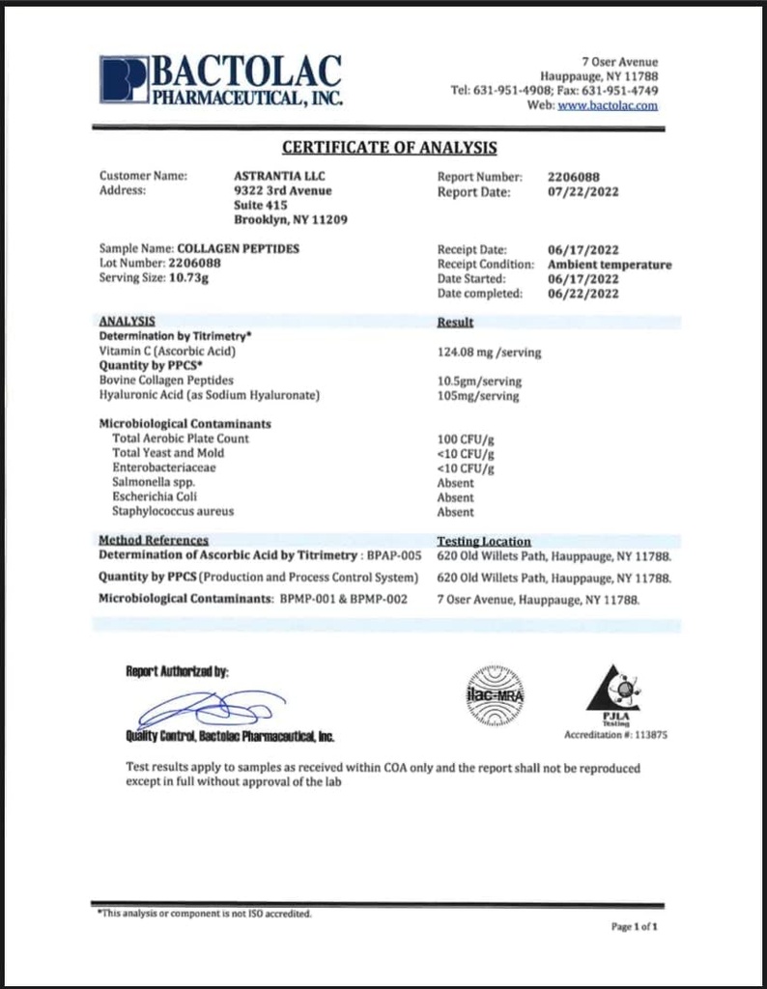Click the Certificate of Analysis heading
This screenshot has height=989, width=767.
click(389, 148)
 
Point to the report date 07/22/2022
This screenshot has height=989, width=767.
click(582, 191)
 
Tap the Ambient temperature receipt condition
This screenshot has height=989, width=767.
click(609, 264)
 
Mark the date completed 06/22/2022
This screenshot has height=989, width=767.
click(582, 294)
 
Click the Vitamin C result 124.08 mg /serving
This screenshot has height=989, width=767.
click(489, 353)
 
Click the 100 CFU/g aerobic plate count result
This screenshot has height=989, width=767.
click(466, 439)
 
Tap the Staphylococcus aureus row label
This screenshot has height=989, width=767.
click(173, 512)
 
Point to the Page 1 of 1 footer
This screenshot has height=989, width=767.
click(634, 927)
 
